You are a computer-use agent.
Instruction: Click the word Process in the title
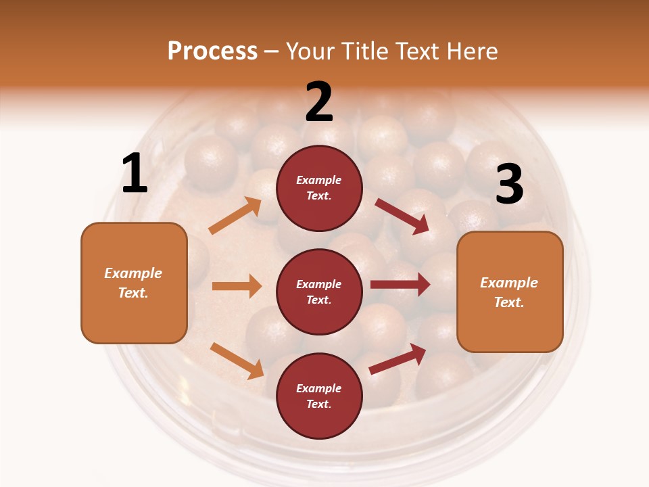pyautogui.click(x=212, y=51)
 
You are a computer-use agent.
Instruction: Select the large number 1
pyautogui.click(x=135, y=174)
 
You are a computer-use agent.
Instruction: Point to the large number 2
pyautogui.click(x=319, y=102)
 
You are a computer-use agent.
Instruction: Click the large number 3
pyautogui.click(x=509, y=184)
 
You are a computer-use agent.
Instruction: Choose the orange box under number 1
pyautogui.click(x=134, y=283)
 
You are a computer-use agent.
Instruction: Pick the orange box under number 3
pyautogui.click(x=510, y=292)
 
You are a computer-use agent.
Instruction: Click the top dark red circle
pyautogui.click(x=319, y=188)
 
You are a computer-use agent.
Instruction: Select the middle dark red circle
pyautogui.click(x=319, y=292)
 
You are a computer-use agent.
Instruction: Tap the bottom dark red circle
pyautogui.click(x=319, y=396)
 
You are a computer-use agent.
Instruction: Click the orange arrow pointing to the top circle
pyautogui.click(x=235, y=216)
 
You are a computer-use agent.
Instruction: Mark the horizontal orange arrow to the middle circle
pyautogui.click(x=237, y=286)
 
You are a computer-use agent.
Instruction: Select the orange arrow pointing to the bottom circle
pyautogui.click(x=237, y=361)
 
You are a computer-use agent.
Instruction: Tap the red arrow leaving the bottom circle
pyautogui.click(x=398, y=359)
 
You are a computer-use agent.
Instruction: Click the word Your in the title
pyautogui.click(x=310, y=51)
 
